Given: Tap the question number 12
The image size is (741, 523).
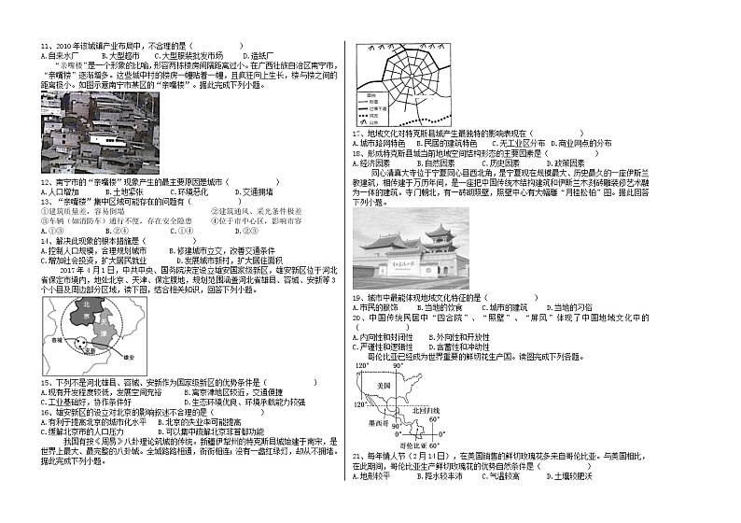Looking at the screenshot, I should [45, 180].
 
